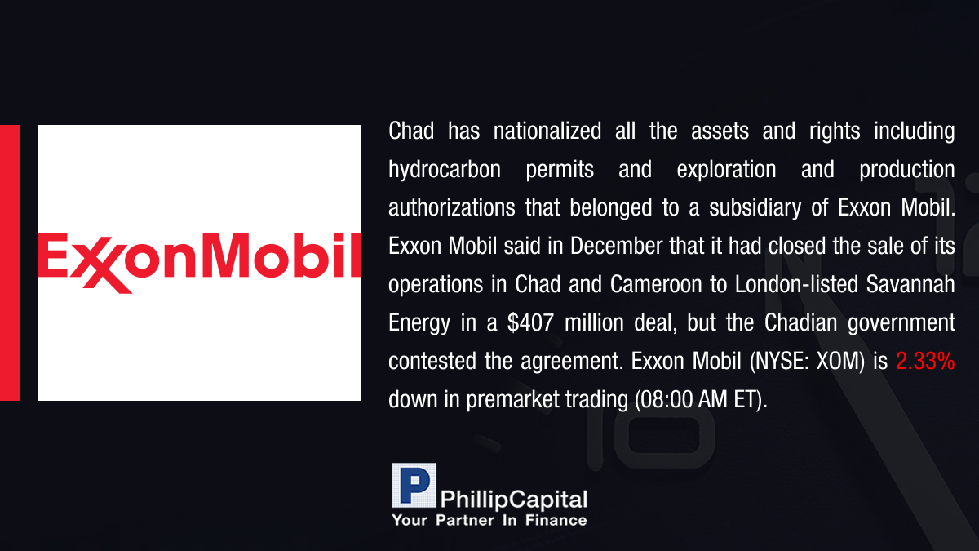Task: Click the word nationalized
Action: pos(547,131)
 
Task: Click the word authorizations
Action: pos(452,207)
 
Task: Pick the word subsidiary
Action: pos(755,208)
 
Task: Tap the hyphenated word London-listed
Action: pos(797,285)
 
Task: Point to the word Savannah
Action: pos(910,285)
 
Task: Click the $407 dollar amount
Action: pos(530,323)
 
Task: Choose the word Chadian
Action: pos(800,323)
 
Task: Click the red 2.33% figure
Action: pos(925,362)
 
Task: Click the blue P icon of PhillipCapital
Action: pos(414,486)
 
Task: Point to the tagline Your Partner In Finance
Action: pos(489,521)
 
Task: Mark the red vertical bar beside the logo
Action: pos(10,263)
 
